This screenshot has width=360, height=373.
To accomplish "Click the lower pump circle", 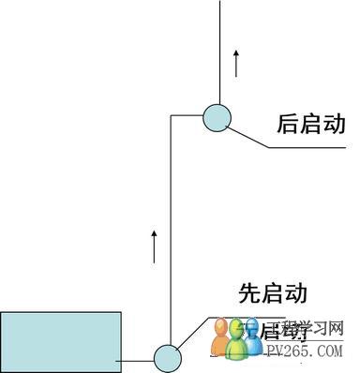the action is (167, 359).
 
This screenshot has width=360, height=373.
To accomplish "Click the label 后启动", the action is (312, 125).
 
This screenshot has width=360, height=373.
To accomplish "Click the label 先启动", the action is (273, 293).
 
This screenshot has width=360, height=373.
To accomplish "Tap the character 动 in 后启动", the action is (336, 125).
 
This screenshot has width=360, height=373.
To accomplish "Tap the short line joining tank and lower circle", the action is (137, 360).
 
